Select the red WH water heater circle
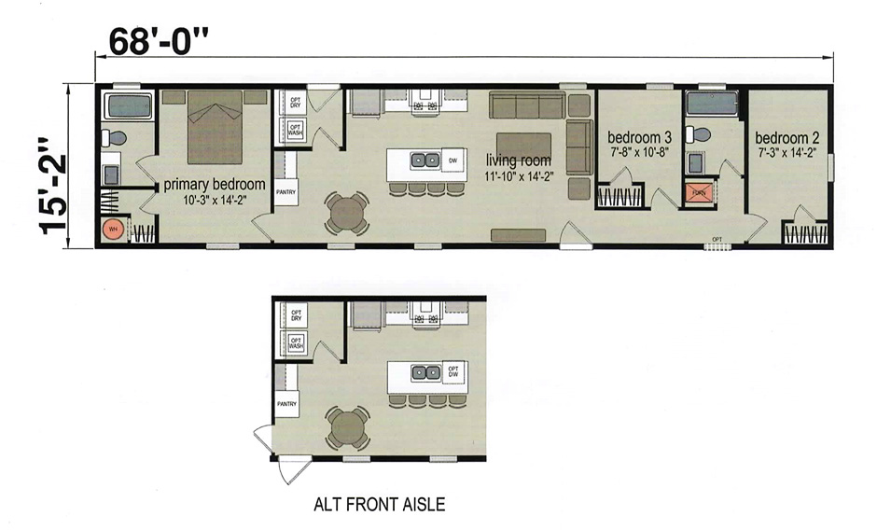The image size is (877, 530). click(113, 229)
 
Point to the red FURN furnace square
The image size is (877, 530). click(697, 193)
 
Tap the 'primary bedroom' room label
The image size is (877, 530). click(215, 184)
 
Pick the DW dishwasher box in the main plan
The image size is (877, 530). click(453, 160)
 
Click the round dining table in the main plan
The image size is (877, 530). click(346, 213)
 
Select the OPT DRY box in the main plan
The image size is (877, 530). click(295, 102)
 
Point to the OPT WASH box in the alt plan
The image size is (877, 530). click(297, 342)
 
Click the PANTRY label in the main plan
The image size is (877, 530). click(286, 192)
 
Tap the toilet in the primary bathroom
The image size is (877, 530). click(115, 138)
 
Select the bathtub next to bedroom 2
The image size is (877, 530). click(711, 104)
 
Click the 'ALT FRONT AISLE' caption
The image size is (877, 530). click(379, 505)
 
